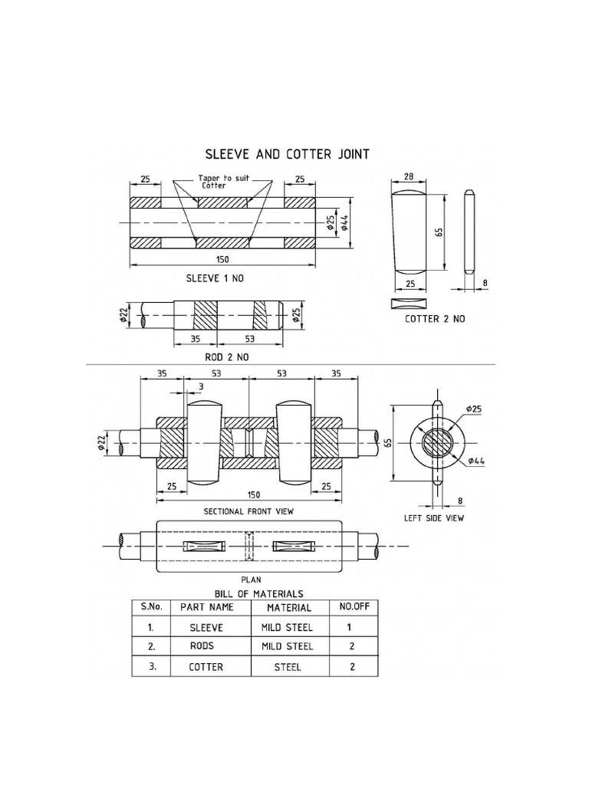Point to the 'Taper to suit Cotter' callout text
[x=224, y=181]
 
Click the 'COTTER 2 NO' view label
[x=435, y=318]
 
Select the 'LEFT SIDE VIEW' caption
[x=434, y=517]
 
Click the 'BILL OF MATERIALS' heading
[x=258, y=593]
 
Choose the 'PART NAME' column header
[x=206, y=607]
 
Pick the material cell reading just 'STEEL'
[x=288, y=667]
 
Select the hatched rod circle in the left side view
[x=436, y=444]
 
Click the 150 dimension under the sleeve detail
[x=223, y=260]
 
